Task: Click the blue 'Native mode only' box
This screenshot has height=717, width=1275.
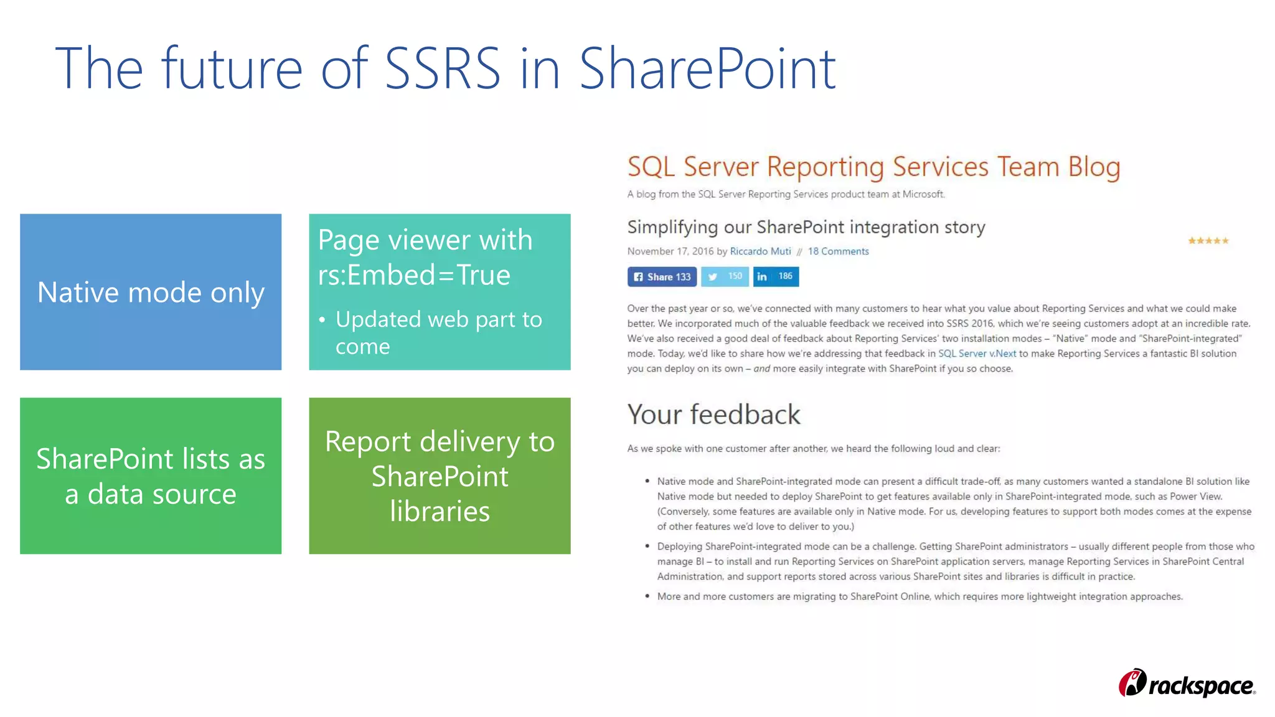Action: point(151,292)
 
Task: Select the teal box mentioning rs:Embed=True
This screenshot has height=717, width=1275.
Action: point(440,292)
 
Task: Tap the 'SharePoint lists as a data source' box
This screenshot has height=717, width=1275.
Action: point(151,476)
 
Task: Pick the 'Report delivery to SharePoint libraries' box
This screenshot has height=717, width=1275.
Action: point(440,476)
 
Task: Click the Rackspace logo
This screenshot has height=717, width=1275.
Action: point(1187,684)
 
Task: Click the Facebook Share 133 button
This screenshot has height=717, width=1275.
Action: point(662,277)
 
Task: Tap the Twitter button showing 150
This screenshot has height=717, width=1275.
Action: point(725,276)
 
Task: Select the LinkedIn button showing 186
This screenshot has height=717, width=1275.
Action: point(776,276)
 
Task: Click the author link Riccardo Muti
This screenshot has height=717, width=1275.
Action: point(760,251)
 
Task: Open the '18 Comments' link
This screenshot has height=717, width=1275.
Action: point(838,251)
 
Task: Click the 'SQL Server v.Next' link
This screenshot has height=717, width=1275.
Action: point(977,354)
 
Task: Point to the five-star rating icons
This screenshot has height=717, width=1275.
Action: point(1208,241)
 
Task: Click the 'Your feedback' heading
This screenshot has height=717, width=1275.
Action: point(713,415)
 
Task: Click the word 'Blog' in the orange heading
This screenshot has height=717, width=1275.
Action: point(1094,167)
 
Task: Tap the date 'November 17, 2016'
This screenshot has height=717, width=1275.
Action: point(670,251)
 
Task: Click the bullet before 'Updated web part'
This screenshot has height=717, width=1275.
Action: point(322,321)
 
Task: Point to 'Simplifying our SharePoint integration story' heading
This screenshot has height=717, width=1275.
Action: point(806,227)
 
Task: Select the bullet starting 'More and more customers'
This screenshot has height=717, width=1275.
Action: point(920,596)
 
